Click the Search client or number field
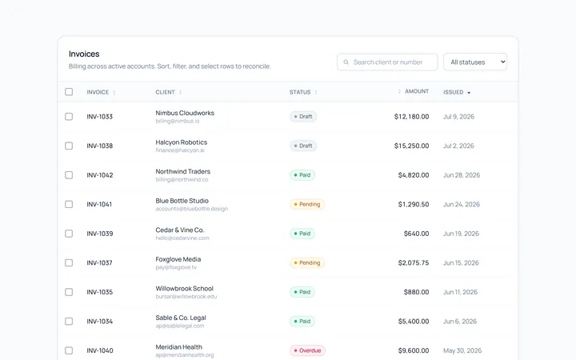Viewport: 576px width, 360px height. pyautogui.click(x=387, y=62)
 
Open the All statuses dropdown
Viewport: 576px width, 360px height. pyautogui.click(x=475, y=62)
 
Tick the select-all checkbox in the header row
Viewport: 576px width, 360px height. pyautogui.click(x=69, y=92)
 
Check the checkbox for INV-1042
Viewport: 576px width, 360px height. pyautogui.click(x=69, y=175)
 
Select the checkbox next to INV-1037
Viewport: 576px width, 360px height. pyautogui.click(x=69, y=262)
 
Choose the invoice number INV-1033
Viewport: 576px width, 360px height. pyautogui.click(x=99, y=117)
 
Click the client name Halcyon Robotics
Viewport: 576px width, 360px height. pyautogui.click(x=181, y=142)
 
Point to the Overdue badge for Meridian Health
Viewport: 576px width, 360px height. pyautogui.click(x=307, y=350)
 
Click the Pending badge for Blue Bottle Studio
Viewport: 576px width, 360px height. pyautogui.click(x=307, y=204)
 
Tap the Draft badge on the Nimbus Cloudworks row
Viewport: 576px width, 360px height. pyautogui.click(x=303, y=117)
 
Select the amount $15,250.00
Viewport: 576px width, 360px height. pyautogui.click(x=411, y=146)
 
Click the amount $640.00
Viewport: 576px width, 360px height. pyautogui.click(x=416, y=234)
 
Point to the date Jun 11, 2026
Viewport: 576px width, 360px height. pyautogui.click(x=460, y=292)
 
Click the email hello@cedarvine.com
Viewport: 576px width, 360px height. pyautogui.click(x=182, y=238)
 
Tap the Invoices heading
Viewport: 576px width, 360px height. pyautogui.click(x=84, y=54)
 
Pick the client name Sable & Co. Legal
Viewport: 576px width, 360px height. pyautogui.click(x=180, y=318)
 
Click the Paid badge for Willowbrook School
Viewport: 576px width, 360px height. pyautogui.click(x=302, y=292)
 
